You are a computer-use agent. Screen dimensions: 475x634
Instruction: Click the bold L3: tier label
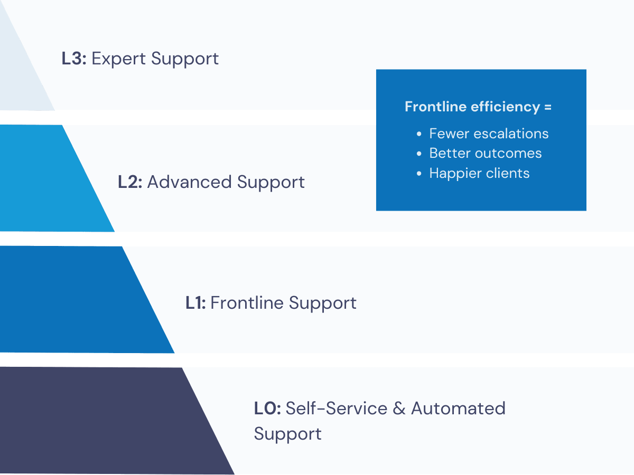(x=74, y=59)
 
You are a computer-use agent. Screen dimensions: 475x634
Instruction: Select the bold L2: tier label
(x=130, y=182)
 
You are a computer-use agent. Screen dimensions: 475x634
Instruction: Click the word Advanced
(x=190, y=182)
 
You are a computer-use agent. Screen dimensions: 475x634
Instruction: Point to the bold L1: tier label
(x=196, y=303)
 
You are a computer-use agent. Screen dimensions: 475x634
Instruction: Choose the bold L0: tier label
(x=267, y=408)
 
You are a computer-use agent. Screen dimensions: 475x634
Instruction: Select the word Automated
(x=459, y=408)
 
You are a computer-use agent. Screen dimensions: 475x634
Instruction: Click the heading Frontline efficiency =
(x=478, y=107)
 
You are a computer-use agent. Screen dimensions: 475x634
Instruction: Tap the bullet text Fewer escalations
(x=489, y=134)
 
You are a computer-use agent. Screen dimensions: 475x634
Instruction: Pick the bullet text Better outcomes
(x=485, y=154)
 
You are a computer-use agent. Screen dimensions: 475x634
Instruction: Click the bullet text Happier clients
(x=479, y=173)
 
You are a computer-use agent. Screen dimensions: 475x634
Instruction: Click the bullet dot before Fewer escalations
(x=419, y=134)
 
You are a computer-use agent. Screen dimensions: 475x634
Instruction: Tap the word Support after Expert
(x=184, y=59)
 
